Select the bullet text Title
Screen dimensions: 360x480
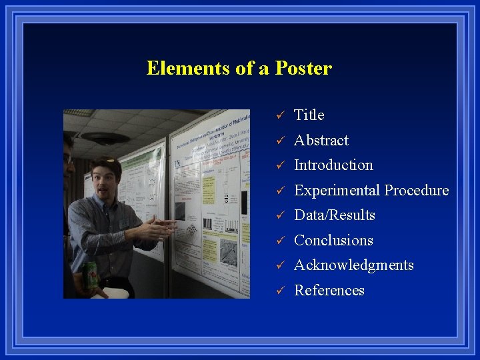(x=309, y=115)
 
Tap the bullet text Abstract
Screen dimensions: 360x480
(x=321, y=141)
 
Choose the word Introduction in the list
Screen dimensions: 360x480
(x=333, y=165)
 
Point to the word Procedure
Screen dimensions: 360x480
(x=417, y=191)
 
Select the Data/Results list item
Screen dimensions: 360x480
(x=335, y=215)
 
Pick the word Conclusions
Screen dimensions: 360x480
(x=333, y=241)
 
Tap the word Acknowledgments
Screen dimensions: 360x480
(x=354, y=265)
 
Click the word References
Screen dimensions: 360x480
(x=329, y=291)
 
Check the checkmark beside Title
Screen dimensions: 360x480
(x=281, y=116)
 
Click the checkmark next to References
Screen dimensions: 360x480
(x=281, y=291)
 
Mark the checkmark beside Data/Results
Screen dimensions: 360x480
(x=281, y=216)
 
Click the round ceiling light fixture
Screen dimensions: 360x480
(x=105, y=139)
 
